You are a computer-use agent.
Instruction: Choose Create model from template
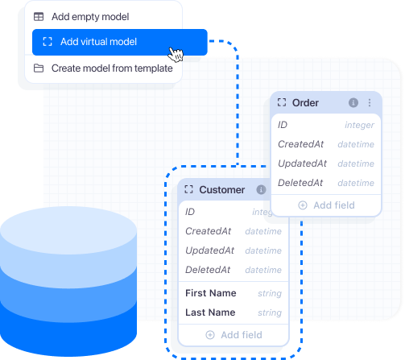[111, 68]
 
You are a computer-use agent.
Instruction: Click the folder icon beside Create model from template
[39, 68]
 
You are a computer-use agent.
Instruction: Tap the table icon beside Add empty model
[39, 16]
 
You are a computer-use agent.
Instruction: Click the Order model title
[305, 103]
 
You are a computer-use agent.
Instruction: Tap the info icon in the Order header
[353, 103]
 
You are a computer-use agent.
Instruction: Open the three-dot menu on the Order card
[370, 103]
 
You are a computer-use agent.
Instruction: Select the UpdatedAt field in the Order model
[301, 163]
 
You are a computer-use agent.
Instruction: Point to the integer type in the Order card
[359, 126]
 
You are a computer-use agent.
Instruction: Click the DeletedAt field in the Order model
[300, 183]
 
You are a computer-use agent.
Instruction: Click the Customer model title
[221, 190]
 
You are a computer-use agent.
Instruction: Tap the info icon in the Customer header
[261, 190]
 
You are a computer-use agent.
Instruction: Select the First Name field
[211, 293]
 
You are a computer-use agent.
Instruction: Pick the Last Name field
[210, 312]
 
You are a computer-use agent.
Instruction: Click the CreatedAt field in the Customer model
[209, 231]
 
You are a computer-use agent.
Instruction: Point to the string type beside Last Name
[270, 313]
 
